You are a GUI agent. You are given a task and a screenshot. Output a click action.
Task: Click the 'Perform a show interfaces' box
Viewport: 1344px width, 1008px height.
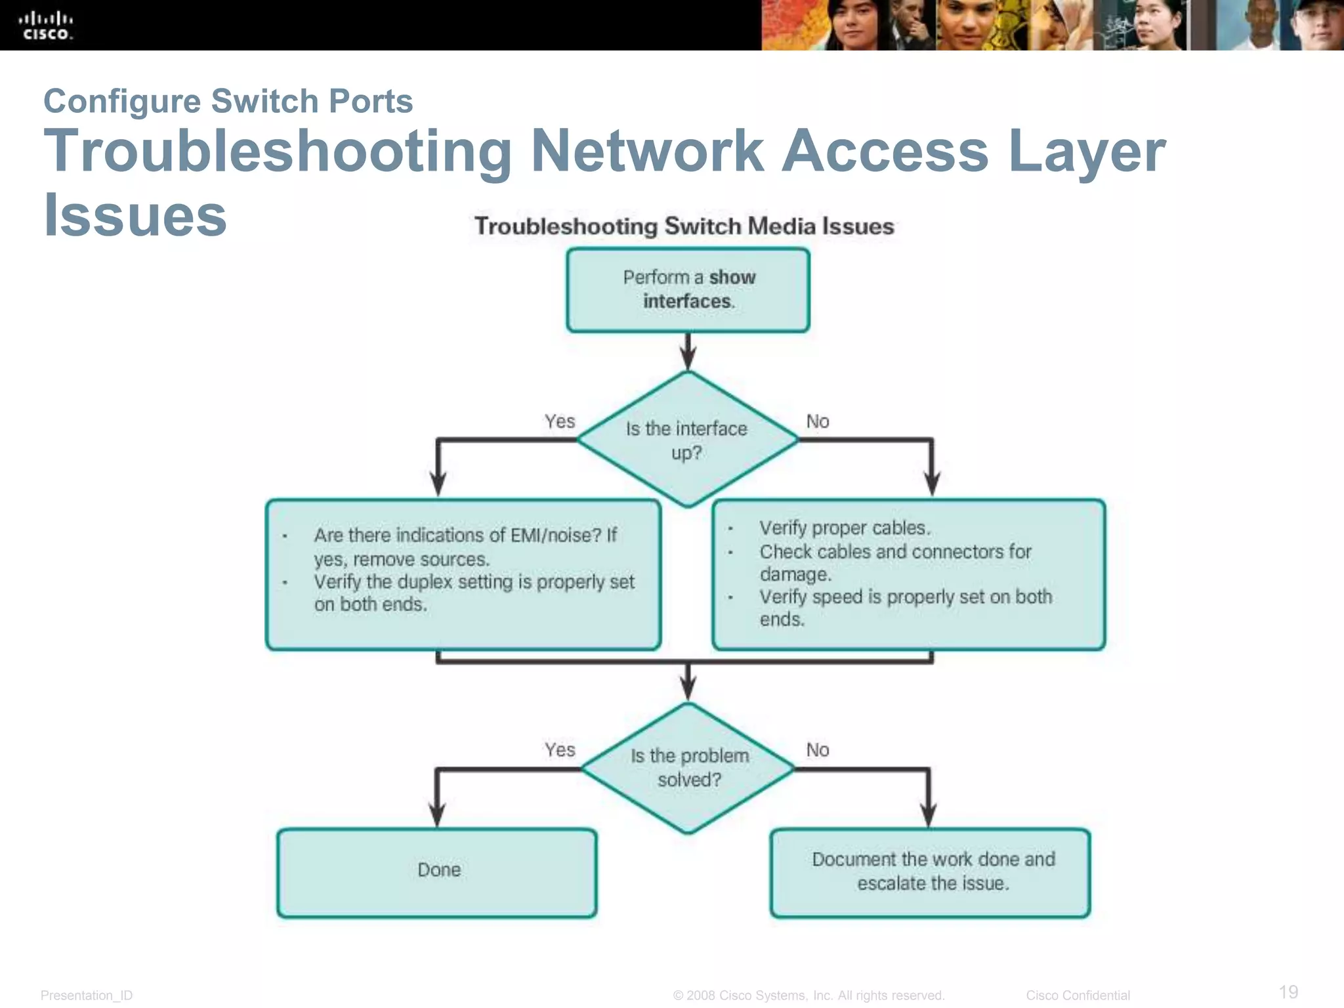click(688, 289)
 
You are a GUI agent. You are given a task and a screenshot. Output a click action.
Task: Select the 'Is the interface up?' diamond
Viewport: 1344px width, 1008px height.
click(687, 440)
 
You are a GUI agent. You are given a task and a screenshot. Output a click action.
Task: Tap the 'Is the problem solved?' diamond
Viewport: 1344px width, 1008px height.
click(688, 768)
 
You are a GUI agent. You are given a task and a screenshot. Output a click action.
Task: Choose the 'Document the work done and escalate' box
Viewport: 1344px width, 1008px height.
click(931, 872)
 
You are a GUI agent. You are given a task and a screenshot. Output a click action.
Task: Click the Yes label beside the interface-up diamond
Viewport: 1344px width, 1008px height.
click(559, 421)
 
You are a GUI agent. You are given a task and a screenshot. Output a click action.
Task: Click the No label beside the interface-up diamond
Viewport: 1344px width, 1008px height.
click(817, 421)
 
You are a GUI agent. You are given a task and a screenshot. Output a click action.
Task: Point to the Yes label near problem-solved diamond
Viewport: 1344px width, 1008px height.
click(559, 749)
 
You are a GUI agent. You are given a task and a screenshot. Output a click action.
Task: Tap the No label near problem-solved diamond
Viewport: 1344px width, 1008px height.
click(817, 749)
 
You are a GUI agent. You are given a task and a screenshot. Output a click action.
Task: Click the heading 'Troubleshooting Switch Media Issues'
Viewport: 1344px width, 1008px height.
click(684, 226)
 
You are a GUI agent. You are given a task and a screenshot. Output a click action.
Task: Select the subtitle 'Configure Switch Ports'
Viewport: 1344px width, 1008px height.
click(228, 101)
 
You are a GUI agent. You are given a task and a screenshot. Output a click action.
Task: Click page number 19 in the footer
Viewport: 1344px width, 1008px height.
click(1288, 991)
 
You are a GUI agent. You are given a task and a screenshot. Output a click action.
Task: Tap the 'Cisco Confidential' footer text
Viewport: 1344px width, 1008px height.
click(1078, 995)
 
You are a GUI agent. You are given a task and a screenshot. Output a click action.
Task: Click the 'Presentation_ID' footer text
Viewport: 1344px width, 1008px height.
click(87, 995)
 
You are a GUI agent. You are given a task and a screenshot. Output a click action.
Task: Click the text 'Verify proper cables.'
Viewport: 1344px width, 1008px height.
click(845, 528)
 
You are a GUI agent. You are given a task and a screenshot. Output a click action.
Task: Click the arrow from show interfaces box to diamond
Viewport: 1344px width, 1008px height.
click(688, 352)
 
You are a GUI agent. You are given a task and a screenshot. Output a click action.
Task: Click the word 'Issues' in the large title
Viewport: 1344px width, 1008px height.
click(135, 215)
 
